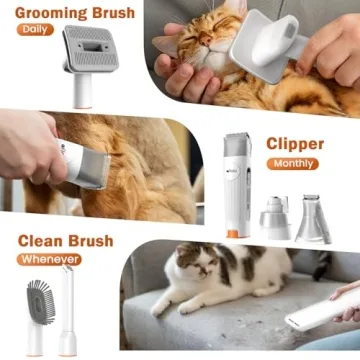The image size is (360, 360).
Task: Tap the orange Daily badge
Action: (34, 29)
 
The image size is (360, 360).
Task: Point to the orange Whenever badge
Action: (48, 259)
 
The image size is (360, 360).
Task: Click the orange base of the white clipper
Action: (233, 233)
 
